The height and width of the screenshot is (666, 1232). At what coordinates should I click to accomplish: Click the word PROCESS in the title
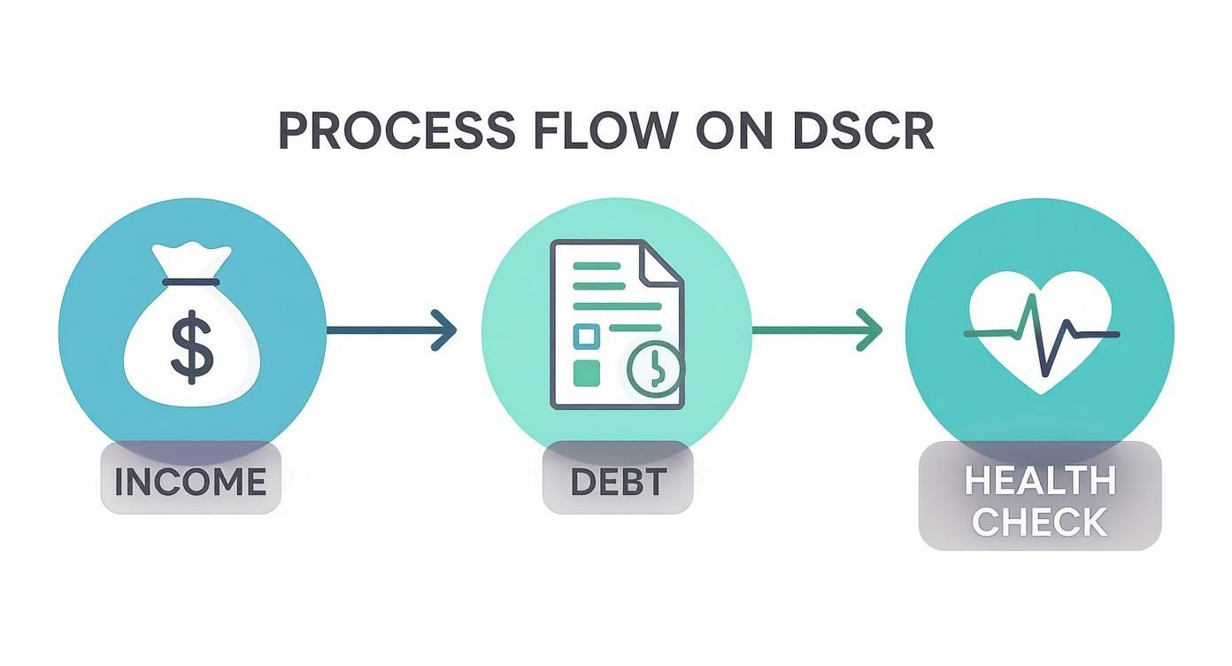pos(397,131)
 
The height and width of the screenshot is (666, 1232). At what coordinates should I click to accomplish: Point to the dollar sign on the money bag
pos(192,350)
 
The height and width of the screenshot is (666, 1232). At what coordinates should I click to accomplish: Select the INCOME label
pos(190,481)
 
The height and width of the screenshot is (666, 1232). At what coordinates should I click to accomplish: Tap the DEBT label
pos(617,481)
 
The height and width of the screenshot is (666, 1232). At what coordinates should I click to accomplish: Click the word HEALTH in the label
pos(1039,481)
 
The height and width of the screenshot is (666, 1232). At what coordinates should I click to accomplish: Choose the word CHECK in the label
pos(1039,522)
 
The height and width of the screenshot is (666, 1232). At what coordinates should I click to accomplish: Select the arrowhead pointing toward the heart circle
pos(870,330)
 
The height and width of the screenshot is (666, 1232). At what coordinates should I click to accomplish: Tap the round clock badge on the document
pos(655,369)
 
